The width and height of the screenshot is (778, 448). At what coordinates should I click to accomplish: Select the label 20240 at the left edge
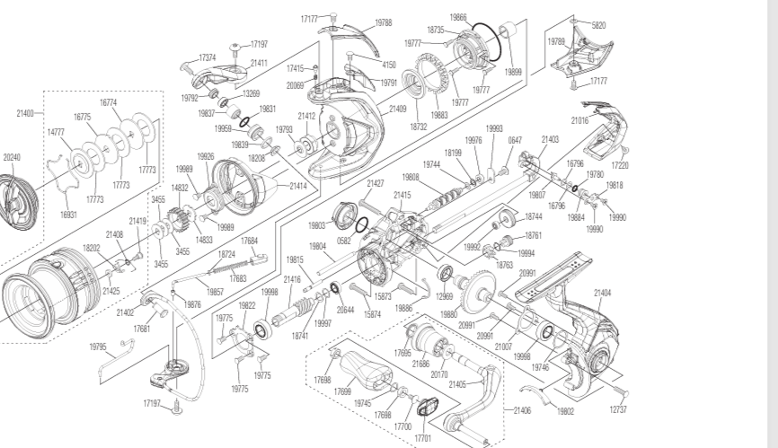(x=11, y=156)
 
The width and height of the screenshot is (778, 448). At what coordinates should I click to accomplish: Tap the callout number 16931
(x=68, y=215)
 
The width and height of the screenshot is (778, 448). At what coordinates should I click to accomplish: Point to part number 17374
(x=208, y=57)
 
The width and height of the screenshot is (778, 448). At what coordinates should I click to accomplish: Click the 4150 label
(x=389, y=65)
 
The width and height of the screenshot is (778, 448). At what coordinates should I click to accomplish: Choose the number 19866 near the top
(x=458, y=17)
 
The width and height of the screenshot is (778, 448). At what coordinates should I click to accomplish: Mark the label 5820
(x=598, y=25)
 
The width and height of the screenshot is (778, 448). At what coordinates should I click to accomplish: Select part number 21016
(x=579, y=119)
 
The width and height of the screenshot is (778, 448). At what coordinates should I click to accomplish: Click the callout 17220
(x=620, y=165)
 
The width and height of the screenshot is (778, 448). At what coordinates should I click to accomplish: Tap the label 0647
(x=515, y=140)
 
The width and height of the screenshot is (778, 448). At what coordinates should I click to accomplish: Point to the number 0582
(x=344, y=241)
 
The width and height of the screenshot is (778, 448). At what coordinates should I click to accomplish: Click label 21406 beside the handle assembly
(x=522, y=410)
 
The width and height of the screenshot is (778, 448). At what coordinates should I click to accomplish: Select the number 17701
(x=422, y=438)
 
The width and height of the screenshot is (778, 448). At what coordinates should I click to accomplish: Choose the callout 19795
(x=98, y=347)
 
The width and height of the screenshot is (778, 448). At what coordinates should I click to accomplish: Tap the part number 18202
(x=92, y=249)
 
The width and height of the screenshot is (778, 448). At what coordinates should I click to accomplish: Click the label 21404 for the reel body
(x=602, y=293)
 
